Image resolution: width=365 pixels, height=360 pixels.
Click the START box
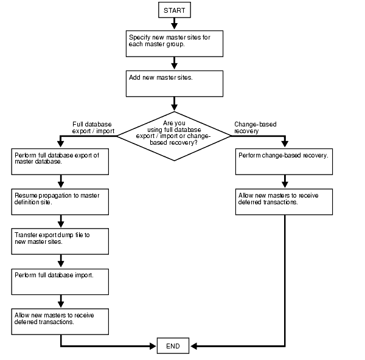tap(174, 10)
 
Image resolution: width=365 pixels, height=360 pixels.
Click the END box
tap(173, 346)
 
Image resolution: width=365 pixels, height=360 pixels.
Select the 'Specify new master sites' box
tap(175, 43)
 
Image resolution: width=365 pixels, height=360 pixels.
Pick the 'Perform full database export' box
tap(60, 162)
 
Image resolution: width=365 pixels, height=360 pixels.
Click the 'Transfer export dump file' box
tap(60, 241)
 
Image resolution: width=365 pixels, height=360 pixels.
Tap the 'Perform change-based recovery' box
tap(284, 162)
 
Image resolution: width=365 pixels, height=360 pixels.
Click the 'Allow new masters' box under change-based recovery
tap(284, 202)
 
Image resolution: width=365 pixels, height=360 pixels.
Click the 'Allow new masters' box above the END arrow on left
tap(60, 322)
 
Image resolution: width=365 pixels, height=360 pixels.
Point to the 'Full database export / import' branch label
tap(92, 127)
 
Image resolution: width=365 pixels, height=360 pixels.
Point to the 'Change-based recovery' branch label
tap(255, 127)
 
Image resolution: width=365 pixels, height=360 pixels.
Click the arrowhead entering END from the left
tap(153, 346)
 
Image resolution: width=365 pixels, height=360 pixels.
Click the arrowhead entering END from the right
tap(194, 346)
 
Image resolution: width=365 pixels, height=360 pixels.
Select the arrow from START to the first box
tap(174, 24)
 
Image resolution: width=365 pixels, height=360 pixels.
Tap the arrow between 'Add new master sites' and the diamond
tap(175, 105)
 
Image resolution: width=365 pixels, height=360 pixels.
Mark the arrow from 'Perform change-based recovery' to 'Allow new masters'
tap(284, 181)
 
